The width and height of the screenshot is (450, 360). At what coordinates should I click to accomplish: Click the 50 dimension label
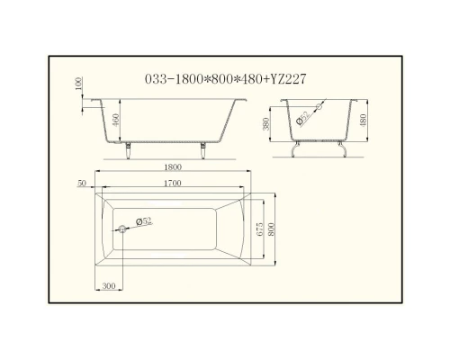tap(82, 184)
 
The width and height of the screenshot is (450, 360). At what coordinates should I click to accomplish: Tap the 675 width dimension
tap(262, 229)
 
